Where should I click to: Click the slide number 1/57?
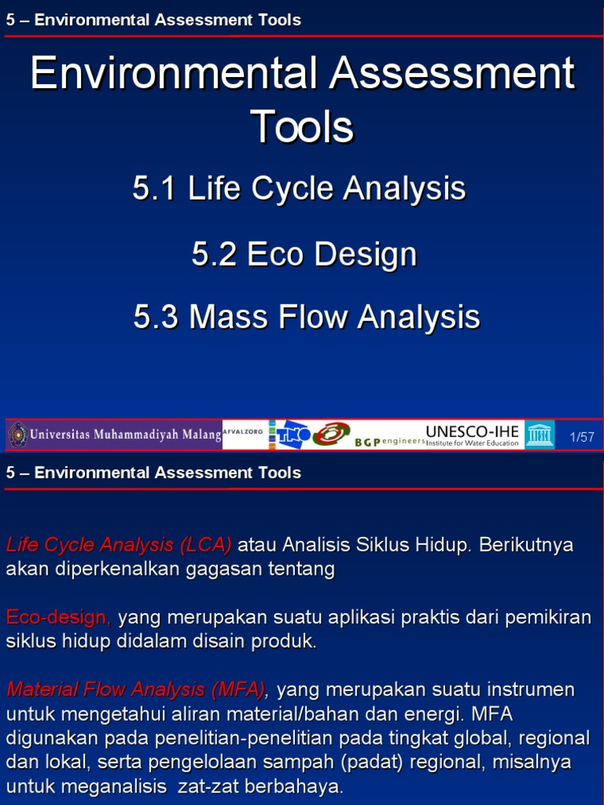pos(581,437)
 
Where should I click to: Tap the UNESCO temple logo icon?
pos(540,435)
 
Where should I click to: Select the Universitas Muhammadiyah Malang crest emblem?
pos(17,435)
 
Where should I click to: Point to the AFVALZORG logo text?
pos(243,432)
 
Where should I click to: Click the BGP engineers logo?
pos(389,442)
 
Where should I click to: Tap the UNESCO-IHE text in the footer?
pos(472,432)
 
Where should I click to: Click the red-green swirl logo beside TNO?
pos(331,435)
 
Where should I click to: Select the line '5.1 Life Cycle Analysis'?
pos(300,189)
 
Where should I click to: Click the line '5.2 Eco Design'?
pos(304,254)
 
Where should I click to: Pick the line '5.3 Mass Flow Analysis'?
pos(307,317)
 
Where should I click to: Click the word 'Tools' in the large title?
pos(302,127)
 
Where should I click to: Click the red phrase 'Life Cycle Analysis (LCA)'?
pos(119,545)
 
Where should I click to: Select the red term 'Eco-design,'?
pos(59,617)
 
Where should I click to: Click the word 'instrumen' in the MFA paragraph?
pos(528,689)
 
